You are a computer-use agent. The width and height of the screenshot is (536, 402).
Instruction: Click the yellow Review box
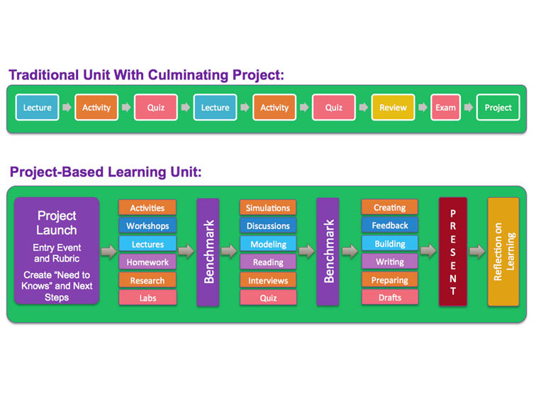point(393,108)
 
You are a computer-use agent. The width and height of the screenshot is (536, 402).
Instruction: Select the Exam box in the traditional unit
point(445,108)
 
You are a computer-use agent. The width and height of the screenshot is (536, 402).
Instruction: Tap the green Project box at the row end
point(498,108)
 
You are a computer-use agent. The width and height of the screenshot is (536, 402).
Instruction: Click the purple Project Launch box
point(57,251)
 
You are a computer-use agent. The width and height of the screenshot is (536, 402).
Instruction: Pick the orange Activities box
point(147,208)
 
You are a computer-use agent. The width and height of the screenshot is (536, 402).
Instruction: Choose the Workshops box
point(147,226)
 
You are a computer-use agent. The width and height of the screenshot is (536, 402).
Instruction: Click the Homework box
point(147,262)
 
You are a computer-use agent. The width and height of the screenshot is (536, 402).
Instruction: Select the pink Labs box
point(147,298)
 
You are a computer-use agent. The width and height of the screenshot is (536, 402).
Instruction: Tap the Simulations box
point(268,208)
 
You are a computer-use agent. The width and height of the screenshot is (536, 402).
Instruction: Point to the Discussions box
point(268,226)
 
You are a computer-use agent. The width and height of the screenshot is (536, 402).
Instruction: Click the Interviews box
point(268,280)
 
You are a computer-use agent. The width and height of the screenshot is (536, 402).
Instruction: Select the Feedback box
point(389,225)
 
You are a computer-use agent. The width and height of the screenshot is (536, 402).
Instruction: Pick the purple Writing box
point(389,262)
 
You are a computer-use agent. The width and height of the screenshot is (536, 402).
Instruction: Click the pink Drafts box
point(389,297)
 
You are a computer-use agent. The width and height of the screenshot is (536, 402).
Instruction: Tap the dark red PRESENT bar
point(452,252)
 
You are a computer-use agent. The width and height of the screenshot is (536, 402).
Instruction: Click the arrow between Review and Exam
point(423,108)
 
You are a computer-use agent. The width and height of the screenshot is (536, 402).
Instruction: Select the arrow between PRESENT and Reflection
point(477,251)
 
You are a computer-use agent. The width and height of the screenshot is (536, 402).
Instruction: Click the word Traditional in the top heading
point(46,75)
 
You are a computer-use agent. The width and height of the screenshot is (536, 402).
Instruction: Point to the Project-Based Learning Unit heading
point(106,172)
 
